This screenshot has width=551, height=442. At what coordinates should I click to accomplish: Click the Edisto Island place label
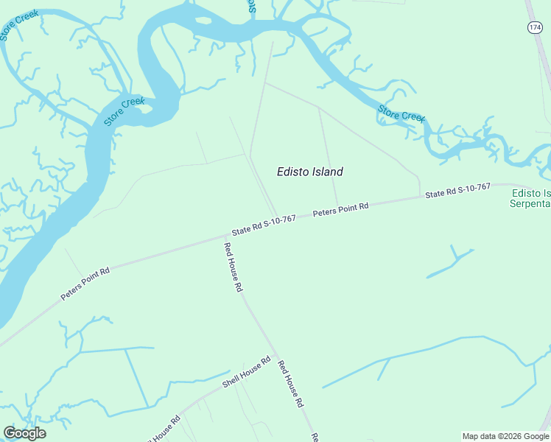[x=309, y=172]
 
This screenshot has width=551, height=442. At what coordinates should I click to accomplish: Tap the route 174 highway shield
[x=535, y=27]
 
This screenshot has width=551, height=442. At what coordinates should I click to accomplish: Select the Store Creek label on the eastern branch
[x=401, y=113]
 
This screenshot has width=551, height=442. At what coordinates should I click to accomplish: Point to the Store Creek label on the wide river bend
[x=124, y=112]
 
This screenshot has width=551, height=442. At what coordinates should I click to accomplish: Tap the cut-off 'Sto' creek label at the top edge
[x=251, y=7]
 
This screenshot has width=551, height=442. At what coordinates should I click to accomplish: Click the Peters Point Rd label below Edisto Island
[x=340, y=209]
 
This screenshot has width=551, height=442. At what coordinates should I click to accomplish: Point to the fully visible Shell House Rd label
[x=247, y=373]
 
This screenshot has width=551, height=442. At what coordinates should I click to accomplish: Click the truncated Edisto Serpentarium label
[x=530, y=198]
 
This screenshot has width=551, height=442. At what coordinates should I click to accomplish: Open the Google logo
[x=24, y=433]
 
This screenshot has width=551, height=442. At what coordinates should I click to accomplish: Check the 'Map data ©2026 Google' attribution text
[x=505, y=436]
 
